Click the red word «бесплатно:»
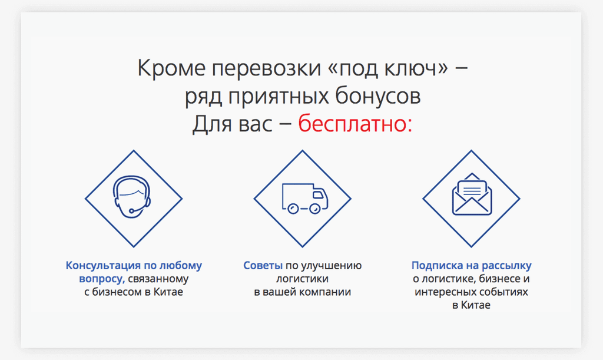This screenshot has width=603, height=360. coord(355,124)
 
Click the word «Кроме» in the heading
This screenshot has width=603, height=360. coord(171,68)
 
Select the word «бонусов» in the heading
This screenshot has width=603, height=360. coord(377,96)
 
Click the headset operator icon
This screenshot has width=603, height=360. coord(132,197)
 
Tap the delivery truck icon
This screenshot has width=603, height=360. coord(305,199)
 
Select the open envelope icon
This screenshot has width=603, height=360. coord(472,194)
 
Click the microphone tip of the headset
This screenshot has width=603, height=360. coord(131,211)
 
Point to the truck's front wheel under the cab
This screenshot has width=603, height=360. coord(314,209)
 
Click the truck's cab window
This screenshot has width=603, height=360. coord(318,195)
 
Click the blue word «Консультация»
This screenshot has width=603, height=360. coord(104,265)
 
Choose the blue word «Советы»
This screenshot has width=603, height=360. coord(263,265)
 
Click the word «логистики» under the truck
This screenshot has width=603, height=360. coord(302,279)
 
